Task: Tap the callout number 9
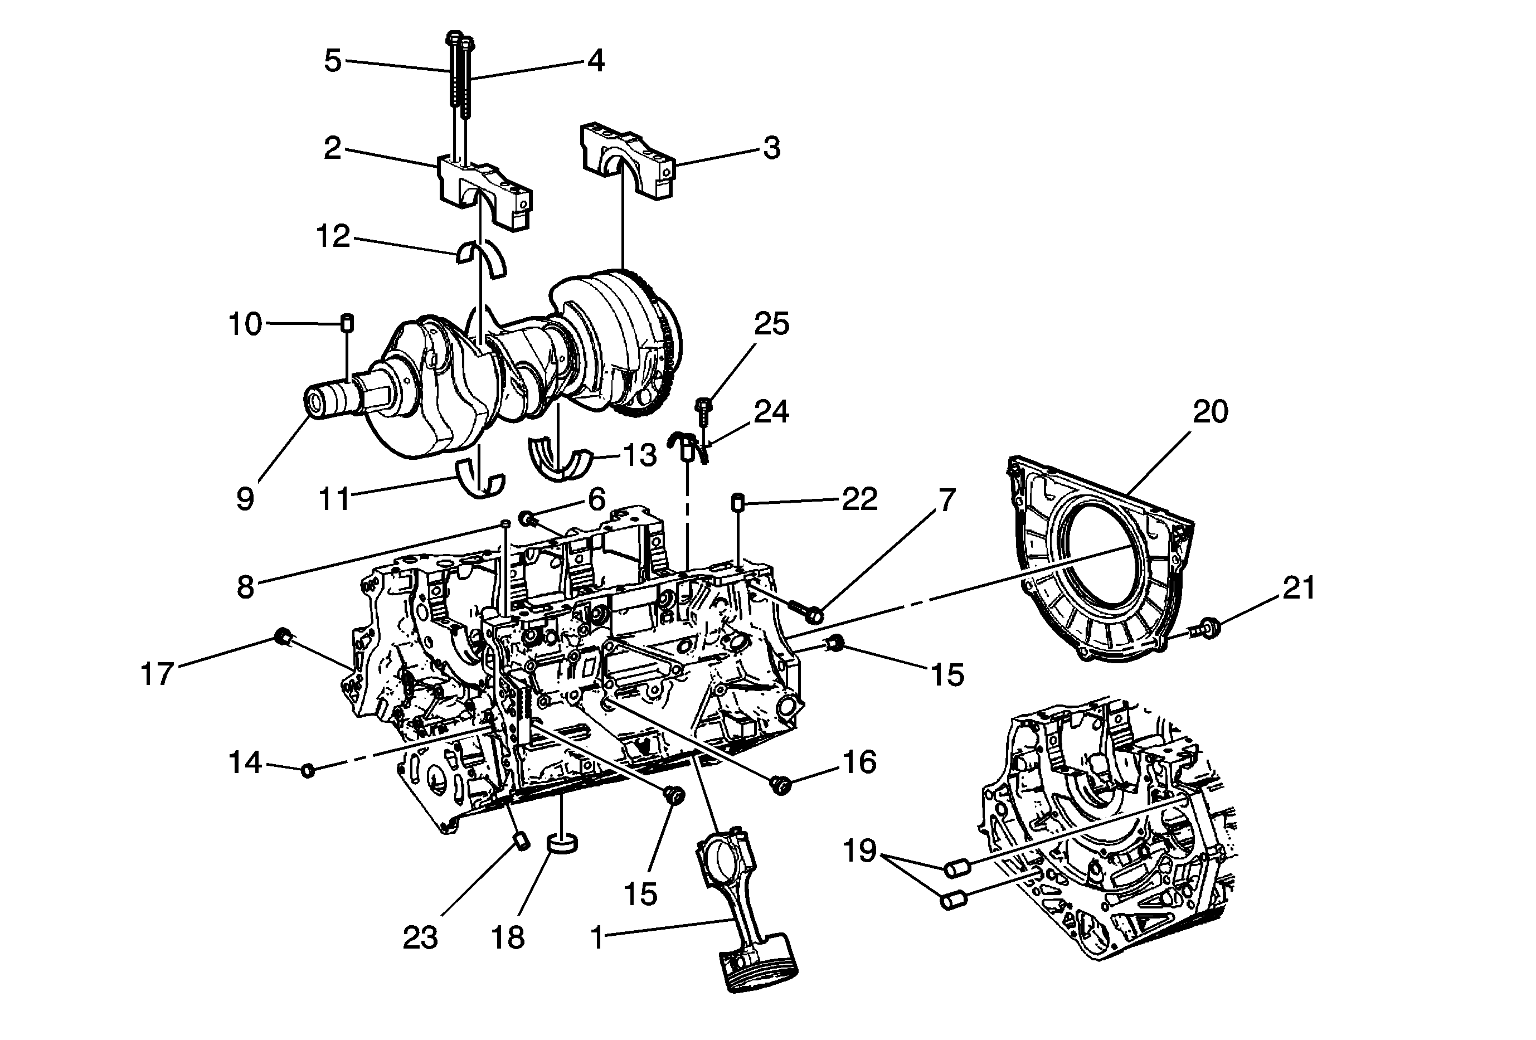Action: click(245, 499)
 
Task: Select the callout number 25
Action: click(771, 324)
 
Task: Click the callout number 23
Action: click(420, 937)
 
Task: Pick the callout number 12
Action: click(333, 236)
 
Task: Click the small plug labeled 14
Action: click(307, 770)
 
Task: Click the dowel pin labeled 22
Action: click(737, 502)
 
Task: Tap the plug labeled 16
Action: click(781, 785)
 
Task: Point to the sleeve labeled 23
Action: click(522, 843)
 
